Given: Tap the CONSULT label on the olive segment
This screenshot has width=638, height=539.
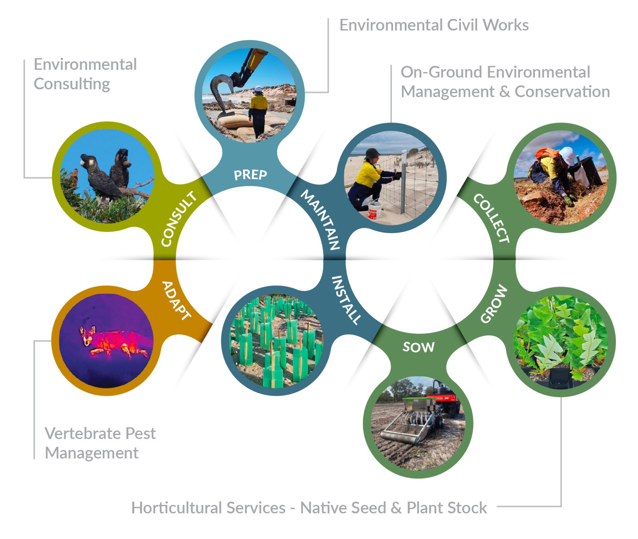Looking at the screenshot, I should click(x=178, y=219).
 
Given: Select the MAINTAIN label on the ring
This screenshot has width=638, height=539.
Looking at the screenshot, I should click(x=320, y=220).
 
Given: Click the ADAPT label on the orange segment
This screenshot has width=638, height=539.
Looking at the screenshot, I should click(x=176, y=301).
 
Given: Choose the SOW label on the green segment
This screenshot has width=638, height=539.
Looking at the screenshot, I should click(x=418, y=347).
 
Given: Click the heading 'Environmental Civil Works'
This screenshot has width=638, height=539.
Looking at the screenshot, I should click(x=434, y=25).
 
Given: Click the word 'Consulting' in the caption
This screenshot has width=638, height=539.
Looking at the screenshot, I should click(x=72, y=84).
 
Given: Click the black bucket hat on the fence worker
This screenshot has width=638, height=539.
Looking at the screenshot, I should click(x=372, y=153).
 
